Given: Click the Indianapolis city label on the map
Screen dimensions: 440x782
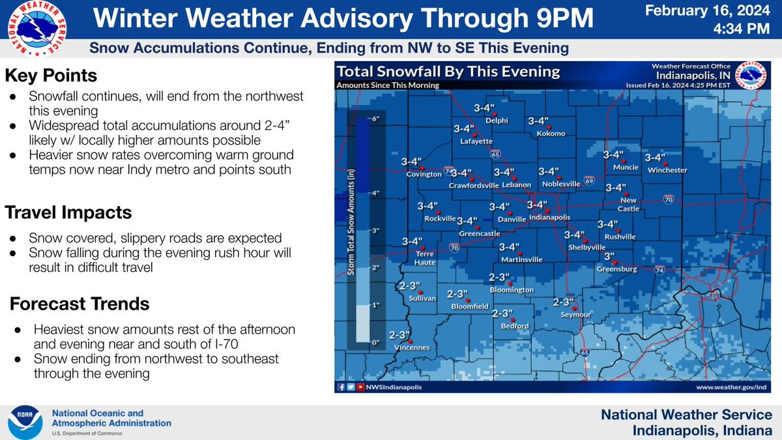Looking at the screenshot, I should tap(549, 217).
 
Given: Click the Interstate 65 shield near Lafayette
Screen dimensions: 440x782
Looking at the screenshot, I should tap(496, 154).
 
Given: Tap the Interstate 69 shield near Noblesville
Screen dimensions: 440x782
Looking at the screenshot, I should tap(588, 179).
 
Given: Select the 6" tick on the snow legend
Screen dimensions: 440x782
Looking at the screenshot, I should tap(375, 120).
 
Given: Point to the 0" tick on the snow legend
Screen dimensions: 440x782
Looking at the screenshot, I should tap(375, 342).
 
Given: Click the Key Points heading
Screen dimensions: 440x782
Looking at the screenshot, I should tap(51, 76).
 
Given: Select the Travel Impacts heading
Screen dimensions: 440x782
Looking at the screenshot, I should tap(68, 213).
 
